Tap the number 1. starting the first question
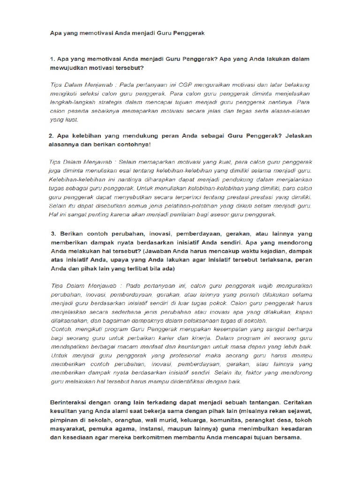point(52,60)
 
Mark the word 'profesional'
point(167,356)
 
